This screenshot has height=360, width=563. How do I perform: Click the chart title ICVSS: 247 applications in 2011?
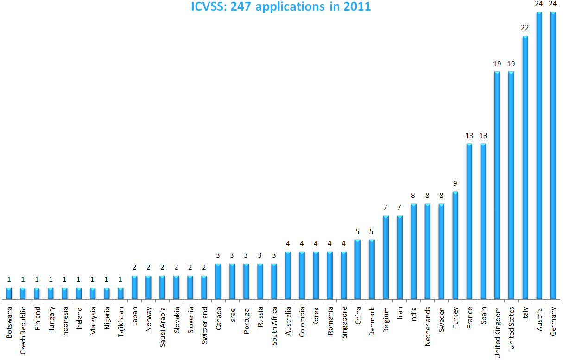point(281,7)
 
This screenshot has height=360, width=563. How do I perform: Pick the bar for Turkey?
point(455,246)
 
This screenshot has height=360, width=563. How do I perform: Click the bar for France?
point(469,222)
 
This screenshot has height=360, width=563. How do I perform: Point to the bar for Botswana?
point(9,294)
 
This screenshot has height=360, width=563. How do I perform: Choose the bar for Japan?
point(134,288)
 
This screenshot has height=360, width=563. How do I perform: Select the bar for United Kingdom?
point(497,186)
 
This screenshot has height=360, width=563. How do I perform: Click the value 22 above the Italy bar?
point(525,28)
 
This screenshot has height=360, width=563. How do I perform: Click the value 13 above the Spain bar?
point(483,136)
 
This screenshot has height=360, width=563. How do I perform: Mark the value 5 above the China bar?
point(358,232)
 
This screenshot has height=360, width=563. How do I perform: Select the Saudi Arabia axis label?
point(162,327)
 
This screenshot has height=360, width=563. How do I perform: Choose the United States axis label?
point(511,328)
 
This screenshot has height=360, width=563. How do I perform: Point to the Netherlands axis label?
point(428,327)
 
